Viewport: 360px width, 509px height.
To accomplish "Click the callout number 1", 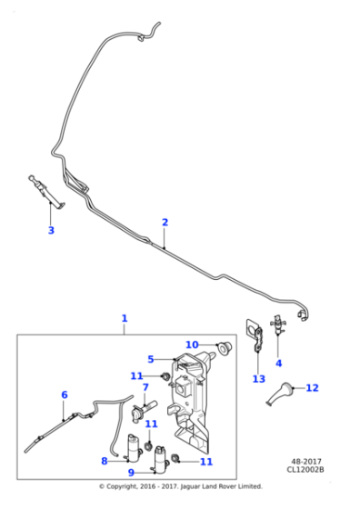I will click(125, 318).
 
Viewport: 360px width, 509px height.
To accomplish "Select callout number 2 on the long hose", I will click(165, 222).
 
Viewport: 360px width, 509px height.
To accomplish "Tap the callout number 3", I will click(51, 230).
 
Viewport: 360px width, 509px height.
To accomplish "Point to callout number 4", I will click(278, 364).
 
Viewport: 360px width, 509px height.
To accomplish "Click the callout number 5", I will click(151, 359).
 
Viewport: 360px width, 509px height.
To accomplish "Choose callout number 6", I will click(65, 394).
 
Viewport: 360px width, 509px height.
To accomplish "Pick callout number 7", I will click(145, 388).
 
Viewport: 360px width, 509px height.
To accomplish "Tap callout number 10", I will click(192, 344).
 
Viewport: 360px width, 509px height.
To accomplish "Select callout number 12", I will click(312, 388).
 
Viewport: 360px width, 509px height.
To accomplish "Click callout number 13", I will click(258, 378).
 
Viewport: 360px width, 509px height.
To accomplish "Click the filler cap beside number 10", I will click(220, 346).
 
